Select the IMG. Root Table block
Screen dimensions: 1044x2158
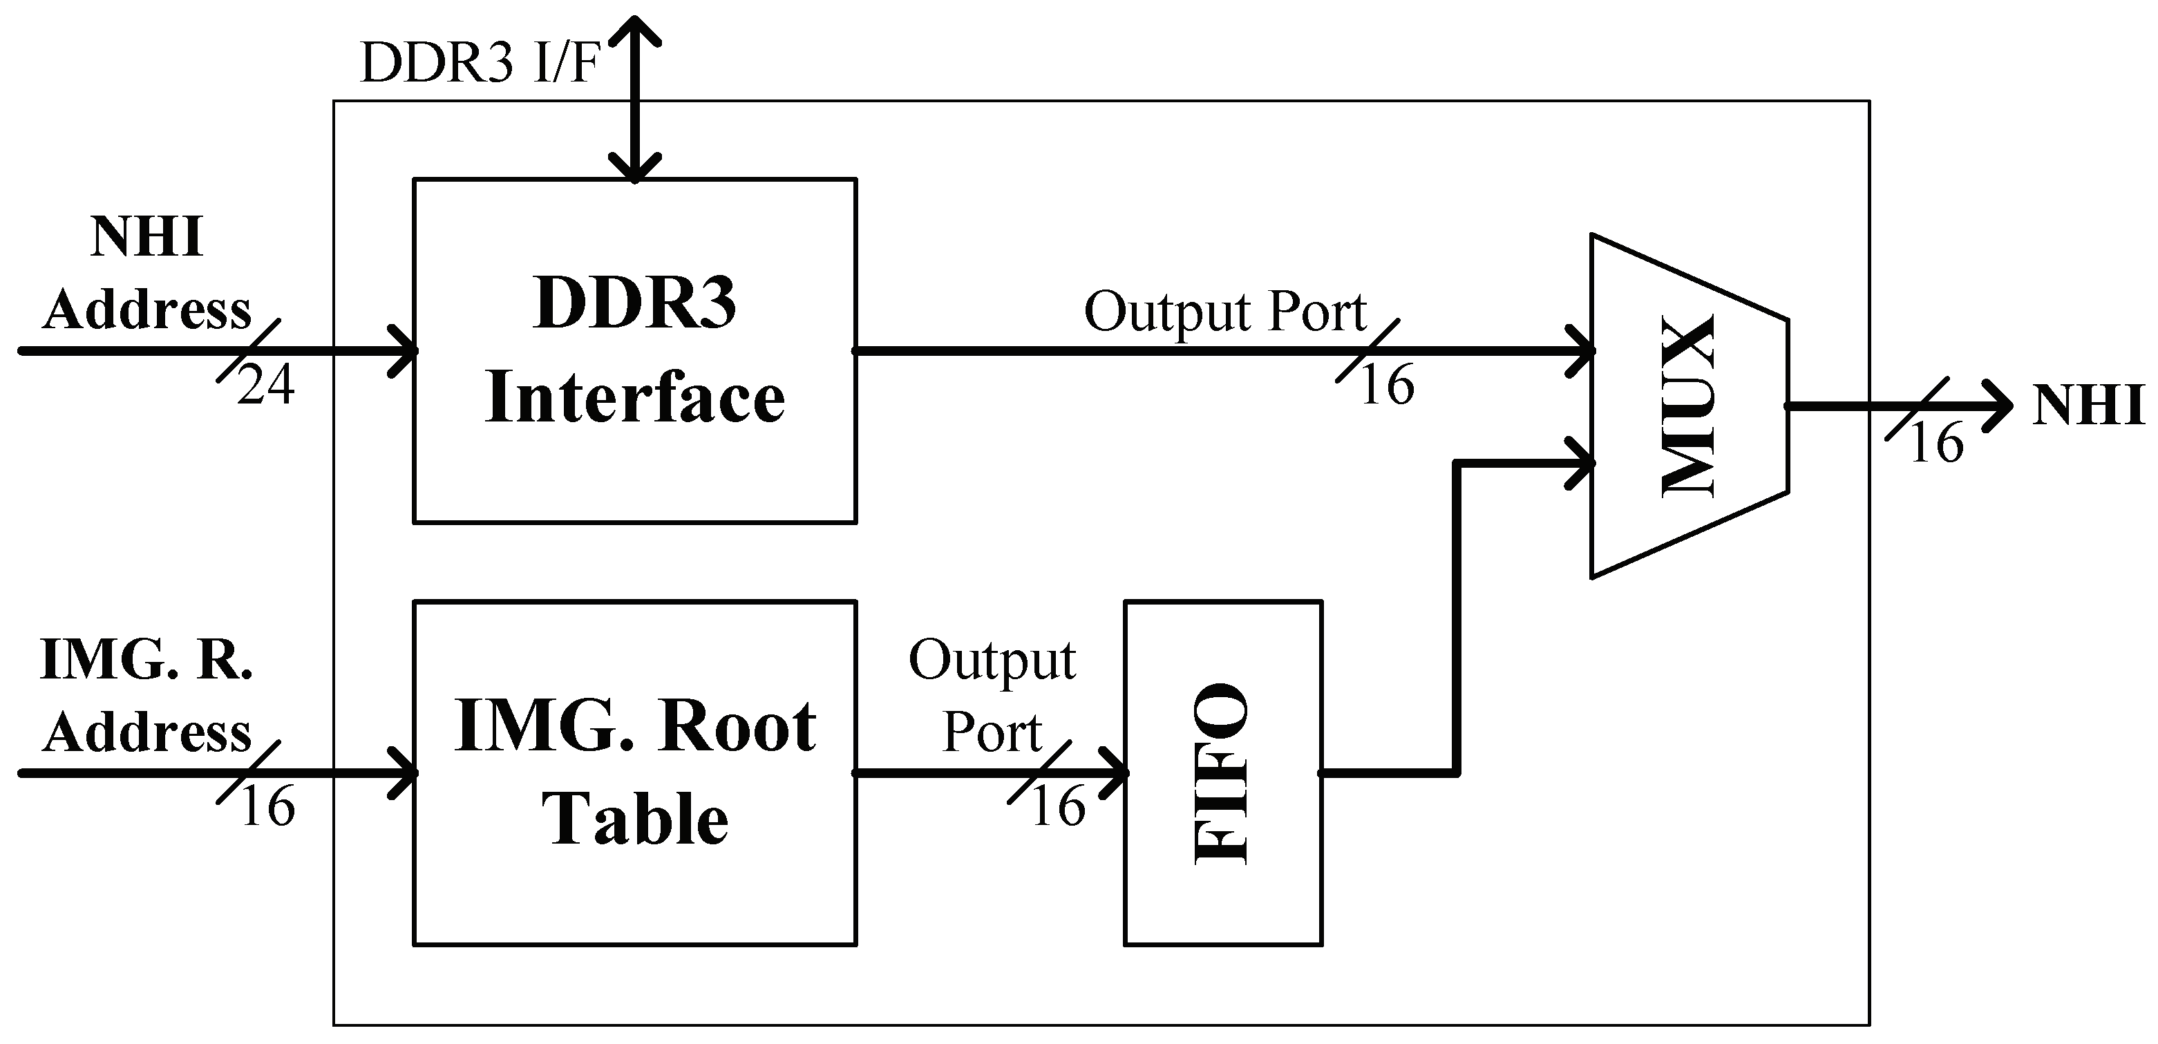(x=634, y=772)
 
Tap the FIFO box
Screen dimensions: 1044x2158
(x=1222, y=772)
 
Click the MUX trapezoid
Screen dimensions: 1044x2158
(x=1689, y=406)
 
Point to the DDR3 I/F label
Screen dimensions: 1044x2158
(x=479, y=63)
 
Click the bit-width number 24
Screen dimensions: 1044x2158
(x=265, y=386)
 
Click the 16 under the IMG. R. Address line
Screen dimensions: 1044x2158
(x=267, y=808)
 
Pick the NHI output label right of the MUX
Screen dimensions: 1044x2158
(x=2088, y=406)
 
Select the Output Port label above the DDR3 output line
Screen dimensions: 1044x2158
(x=1224, y=312)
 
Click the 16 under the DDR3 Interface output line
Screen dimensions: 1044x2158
(x=1386, y=386)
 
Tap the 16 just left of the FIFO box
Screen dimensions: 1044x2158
(x=1058, y=808)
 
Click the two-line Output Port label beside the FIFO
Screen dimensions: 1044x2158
(x=992, y=696)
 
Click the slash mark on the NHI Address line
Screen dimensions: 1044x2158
(x=248, y=350)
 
